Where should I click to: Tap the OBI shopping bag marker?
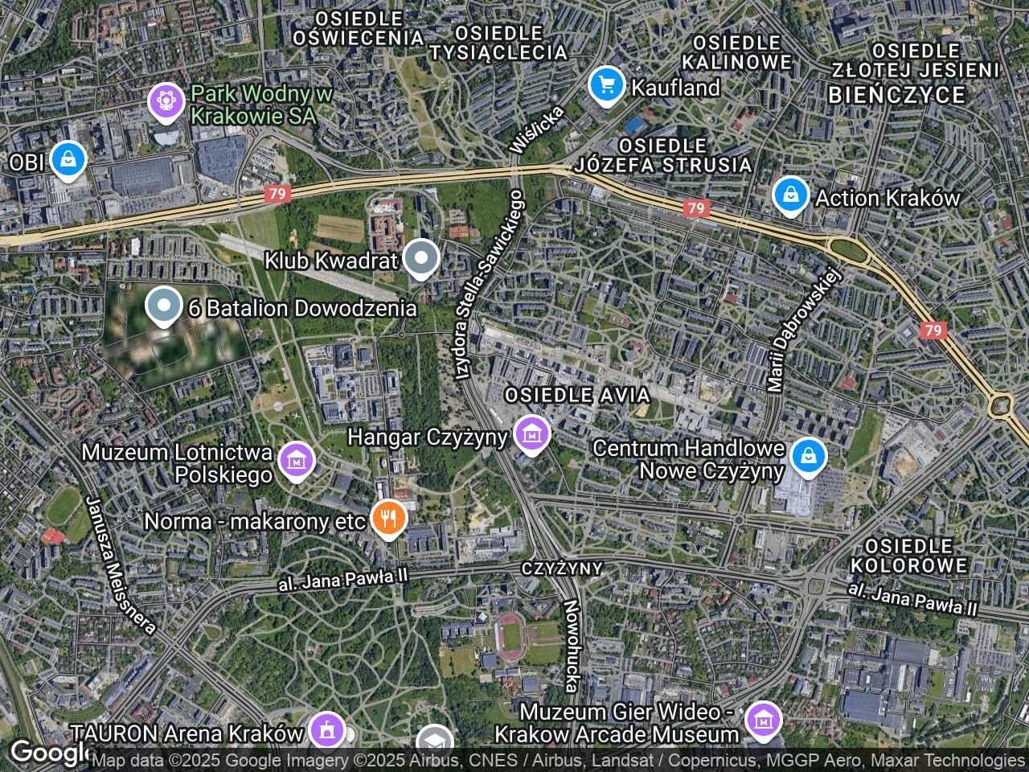[68, 159]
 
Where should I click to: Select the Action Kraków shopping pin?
[791, 195]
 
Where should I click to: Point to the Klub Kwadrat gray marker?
[420, 259]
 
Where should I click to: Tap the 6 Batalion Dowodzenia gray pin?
[164, 306]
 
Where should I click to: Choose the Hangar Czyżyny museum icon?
[531, 435]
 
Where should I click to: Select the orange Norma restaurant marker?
[389, 518]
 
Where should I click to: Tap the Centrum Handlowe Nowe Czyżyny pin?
[808, 456]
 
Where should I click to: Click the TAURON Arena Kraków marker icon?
[327, 730]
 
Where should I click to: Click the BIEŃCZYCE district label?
[896, 95]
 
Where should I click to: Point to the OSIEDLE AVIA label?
[576, 396]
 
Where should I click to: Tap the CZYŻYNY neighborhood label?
[562, 569]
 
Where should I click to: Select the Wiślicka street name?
[536, 129]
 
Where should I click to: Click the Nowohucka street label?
[571, 646]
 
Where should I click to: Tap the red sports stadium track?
[508, 635]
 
